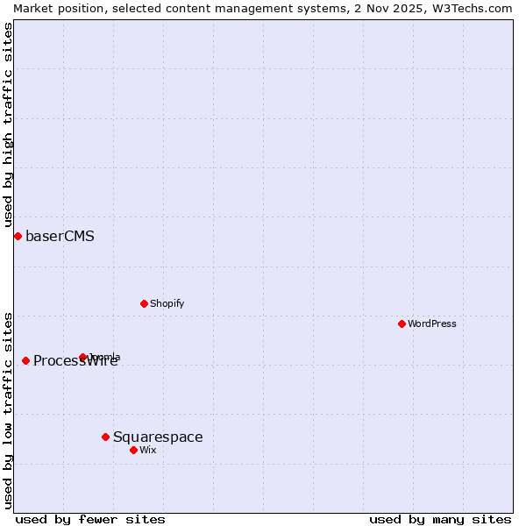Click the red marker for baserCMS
(18, 236)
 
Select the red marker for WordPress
(402, 323)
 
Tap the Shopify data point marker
(144, 303)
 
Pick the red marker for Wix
(133, 450)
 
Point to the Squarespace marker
(105, 437)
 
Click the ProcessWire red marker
(25, 360)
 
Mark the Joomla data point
(83, 357)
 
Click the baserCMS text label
(60, 236)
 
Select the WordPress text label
(432, 323)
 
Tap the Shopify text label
(167, 303)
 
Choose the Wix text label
(148, 450)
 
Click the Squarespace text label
(158, 437)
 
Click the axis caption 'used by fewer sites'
(90, 519)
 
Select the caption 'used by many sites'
(440, 519)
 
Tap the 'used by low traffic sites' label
(8, 410)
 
